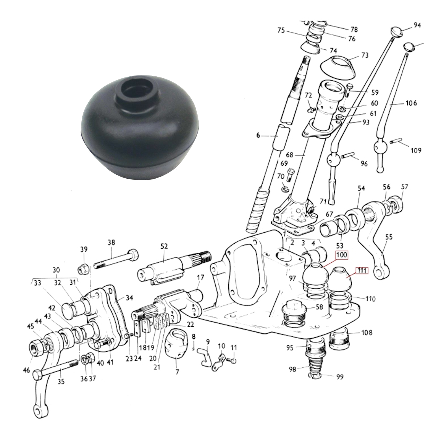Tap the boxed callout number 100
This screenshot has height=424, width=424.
click(x=341, y=255)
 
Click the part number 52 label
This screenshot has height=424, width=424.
click(x=164, y=246)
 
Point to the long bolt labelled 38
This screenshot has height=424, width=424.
click(x=116, y=259)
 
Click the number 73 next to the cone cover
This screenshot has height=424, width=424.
click(x=365, y=55)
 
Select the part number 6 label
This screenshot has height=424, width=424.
click(x=258, y=135)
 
